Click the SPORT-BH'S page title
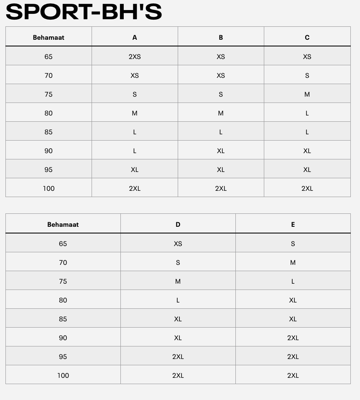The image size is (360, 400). click(x=84, y=12)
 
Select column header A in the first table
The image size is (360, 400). click(x=135, y=37)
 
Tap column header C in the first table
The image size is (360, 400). click(x=307, y=37)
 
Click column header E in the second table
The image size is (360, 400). click(x=293, y=224)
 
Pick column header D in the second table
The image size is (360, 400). click(x=178, y=224)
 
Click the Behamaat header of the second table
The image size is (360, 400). click(x=63, y=224)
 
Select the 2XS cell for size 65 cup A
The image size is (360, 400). click(x=135, y=56)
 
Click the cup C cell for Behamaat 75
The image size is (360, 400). click(x=307, y=94)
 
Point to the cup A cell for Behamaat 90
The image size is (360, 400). click(x=135, y=151)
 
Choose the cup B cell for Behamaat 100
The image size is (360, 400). click(x=221, y=188)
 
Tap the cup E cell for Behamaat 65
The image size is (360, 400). click(x=293, y=244)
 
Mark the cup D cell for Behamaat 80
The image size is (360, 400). click(x=178, y=300)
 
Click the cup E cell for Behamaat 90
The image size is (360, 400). click(x=293, y=338)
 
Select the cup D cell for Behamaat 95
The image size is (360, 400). click(x=178, y=356)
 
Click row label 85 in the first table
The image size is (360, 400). click(x=49, y=132)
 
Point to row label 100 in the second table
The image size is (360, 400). click(x=63, y=375)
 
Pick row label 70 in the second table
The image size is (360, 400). click(x=63, y=262)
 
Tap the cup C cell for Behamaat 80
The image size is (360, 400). click(x=307, y=113)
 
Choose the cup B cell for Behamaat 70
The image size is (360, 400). click(x=221, y=75)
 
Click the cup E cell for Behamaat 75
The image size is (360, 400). click(x=293, y=281)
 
